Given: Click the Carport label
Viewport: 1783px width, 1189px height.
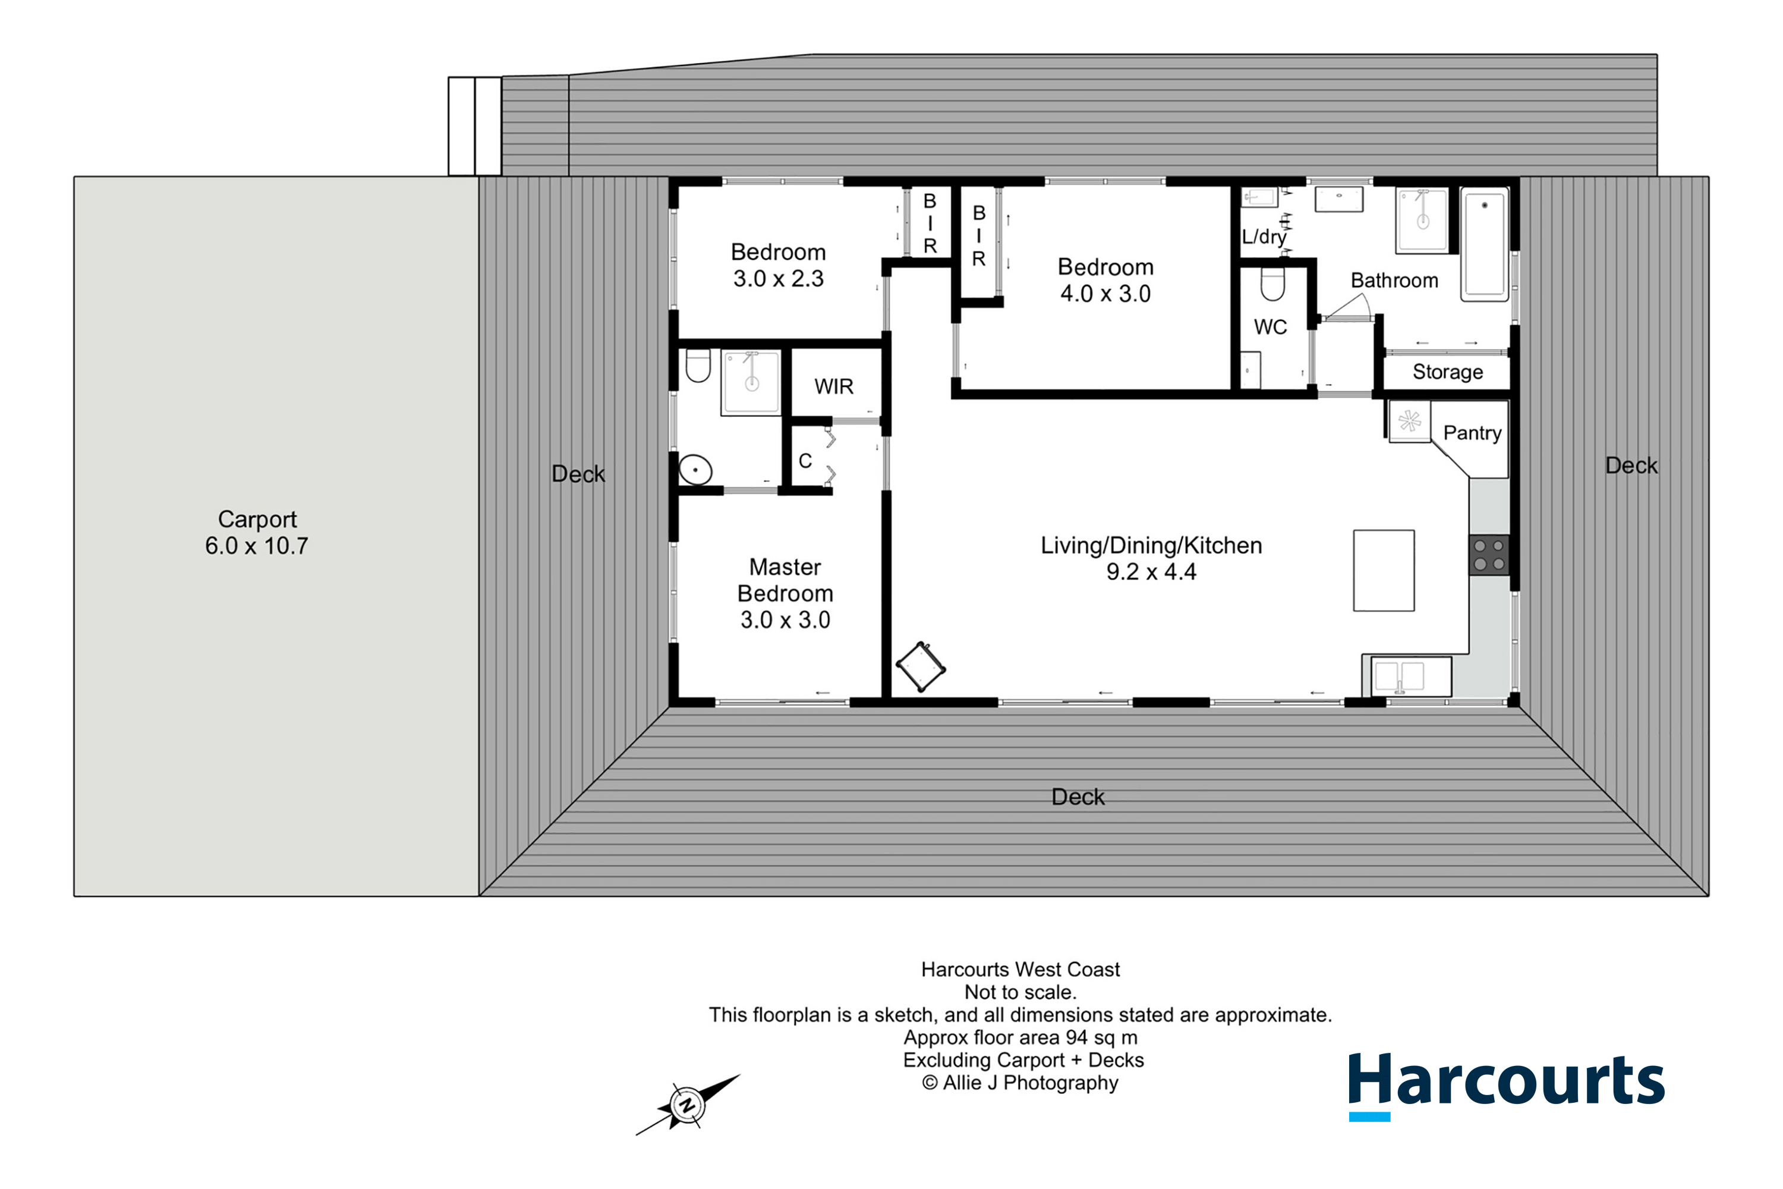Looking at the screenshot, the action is [x=257, y=520].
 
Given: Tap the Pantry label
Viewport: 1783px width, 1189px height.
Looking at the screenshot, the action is [x=1472, y=433].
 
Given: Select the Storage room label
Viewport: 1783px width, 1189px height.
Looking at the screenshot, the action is [x=1447, y=372].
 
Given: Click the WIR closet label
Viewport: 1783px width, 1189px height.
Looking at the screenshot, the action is [x=834, y=387].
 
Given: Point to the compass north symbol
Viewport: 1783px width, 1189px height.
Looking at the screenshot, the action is [x=688, y=1104].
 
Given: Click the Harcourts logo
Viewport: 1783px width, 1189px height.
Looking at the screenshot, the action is [x=1506, y=1085].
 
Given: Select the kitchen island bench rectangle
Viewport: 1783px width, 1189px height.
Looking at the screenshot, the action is [x=1384, y=570].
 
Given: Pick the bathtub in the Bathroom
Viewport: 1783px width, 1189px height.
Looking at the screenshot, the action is [x=1484, y=244].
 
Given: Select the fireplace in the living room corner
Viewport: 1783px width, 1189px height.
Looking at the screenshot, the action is [x=920, y=666].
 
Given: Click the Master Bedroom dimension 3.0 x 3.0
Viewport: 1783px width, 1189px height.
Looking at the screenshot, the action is [x=785, y=619].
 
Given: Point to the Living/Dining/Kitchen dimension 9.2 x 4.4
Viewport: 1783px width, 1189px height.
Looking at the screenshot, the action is [x=1151, y=572].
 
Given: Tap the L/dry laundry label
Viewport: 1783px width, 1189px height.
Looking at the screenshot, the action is [x=1264, y=237].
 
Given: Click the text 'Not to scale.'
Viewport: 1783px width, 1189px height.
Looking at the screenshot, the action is [x=1020, y=992].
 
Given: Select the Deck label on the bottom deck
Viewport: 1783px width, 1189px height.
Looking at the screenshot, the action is [x=1077, y=797].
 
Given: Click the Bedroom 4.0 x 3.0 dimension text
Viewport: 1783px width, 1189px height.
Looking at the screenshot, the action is [x=1105, y=294].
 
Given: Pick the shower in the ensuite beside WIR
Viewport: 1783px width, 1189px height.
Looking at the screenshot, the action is [x=751, y=383].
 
